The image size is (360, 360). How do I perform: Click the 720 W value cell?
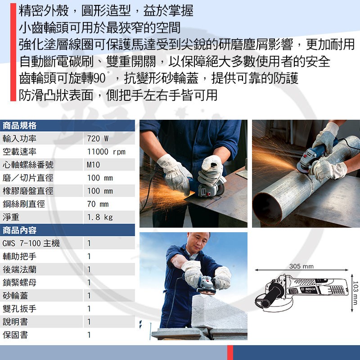click(98, 139)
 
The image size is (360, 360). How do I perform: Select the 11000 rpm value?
click(106, 152)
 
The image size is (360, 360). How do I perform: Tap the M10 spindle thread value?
click(93, 165)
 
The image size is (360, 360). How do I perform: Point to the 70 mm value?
click(98, 204)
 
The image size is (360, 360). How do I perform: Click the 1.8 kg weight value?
click(100, 217)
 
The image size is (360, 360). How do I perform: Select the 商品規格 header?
click(19, 126)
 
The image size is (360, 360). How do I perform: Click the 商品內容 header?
click(19, 230)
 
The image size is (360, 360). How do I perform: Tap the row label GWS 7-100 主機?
click(31, 243)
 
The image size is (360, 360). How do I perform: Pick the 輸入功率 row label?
click(19, 139)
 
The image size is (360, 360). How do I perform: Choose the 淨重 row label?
click(11, 217)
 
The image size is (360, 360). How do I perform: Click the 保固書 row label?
click(15, 335)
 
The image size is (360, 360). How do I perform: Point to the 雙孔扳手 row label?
click(19, 309)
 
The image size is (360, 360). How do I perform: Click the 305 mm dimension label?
click(301, 266)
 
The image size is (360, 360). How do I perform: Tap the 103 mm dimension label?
click(355, 293)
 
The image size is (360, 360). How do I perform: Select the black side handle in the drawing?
click(271, 296)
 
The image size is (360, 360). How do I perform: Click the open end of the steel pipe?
click(267, 208)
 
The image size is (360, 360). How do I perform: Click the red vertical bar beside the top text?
click(13, 52)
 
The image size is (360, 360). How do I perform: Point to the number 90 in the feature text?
click(99, 78)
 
